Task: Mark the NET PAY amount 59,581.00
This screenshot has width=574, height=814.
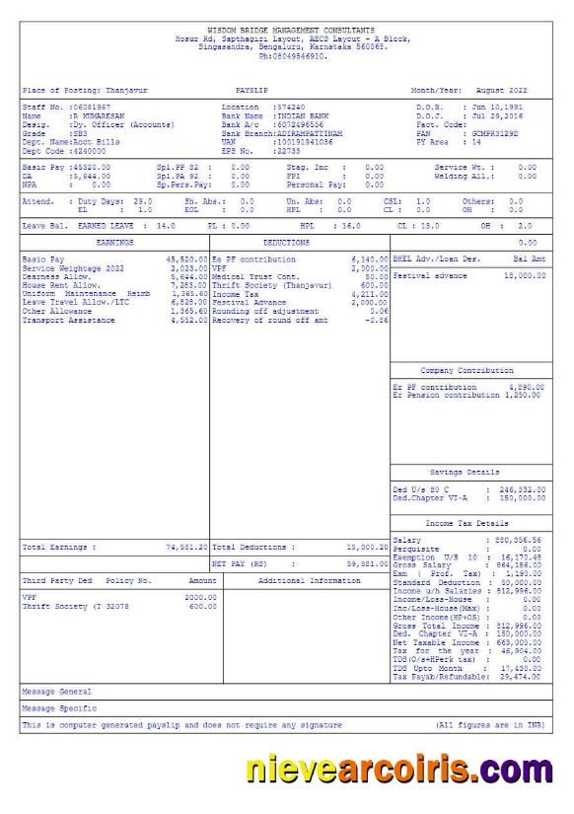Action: [365, 564]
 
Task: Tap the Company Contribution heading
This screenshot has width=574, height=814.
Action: [466, 370]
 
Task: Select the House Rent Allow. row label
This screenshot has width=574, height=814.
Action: [55, 284]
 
